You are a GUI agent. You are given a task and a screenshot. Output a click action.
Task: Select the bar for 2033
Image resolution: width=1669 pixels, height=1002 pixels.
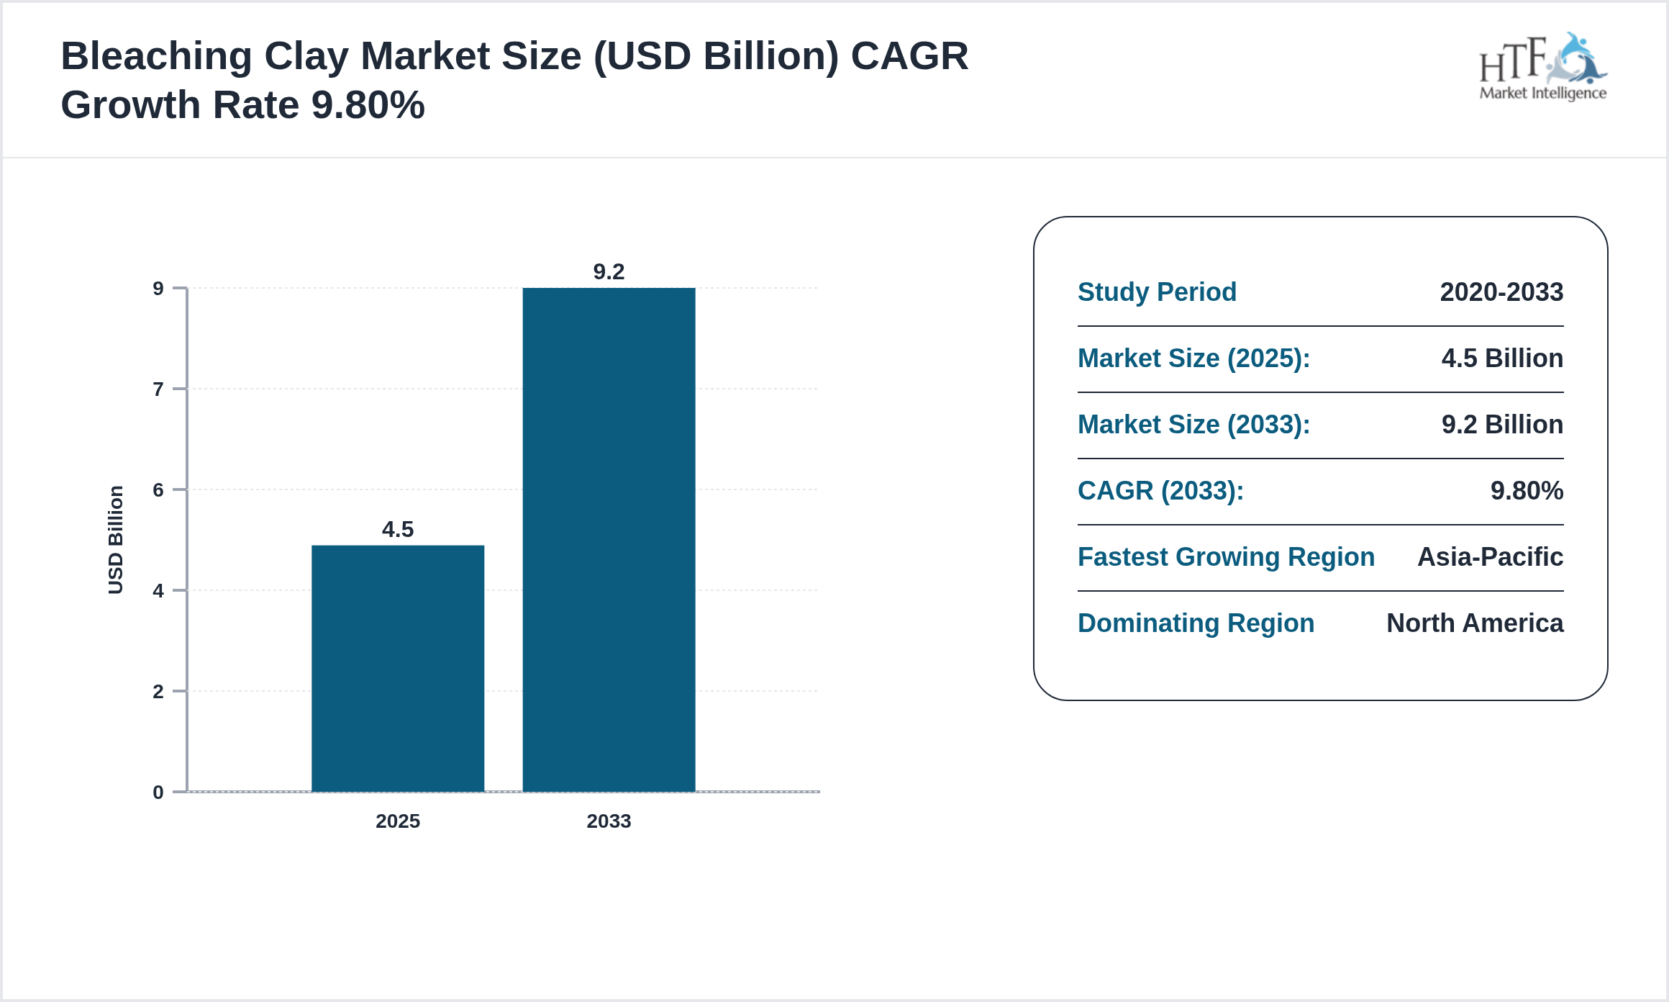609,540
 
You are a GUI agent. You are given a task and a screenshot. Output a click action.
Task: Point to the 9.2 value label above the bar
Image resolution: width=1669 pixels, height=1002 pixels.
609,272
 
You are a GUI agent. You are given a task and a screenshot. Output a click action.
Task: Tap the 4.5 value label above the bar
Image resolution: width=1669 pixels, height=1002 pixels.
397,530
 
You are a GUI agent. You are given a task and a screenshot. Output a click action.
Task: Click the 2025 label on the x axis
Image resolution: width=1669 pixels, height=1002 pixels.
397,821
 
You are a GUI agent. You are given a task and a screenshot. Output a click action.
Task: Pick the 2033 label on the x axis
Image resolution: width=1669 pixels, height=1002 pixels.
609,821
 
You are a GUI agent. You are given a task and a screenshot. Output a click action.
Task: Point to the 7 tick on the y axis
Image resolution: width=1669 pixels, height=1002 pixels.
158,389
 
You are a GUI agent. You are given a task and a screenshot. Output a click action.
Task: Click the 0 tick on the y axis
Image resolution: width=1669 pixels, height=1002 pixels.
158,793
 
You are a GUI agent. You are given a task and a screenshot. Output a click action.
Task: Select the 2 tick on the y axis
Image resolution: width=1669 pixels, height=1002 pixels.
158,692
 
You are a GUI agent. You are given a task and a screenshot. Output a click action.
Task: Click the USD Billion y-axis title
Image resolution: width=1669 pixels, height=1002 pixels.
116,540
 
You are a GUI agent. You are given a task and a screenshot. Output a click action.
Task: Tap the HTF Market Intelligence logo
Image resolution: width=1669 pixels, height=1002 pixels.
1542,68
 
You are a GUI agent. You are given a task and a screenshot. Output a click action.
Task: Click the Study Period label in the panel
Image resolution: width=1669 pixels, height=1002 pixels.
1157,292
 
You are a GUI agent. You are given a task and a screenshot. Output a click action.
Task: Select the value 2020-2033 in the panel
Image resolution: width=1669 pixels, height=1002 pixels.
1501,292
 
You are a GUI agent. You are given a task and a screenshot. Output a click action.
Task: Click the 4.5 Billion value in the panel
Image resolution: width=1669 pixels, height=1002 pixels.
1502,358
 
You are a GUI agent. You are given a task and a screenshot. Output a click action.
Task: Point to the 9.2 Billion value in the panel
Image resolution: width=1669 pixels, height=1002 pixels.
1502,425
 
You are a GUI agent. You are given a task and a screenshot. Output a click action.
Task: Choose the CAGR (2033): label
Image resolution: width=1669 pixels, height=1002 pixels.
1160,491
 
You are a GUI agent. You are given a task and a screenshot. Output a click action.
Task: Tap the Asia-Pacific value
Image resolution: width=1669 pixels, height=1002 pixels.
1490,557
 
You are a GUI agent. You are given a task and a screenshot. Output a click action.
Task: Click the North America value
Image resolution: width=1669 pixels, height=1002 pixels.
1475,623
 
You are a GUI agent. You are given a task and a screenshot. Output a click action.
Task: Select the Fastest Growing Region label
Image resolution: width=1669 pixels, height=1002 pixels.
1226,557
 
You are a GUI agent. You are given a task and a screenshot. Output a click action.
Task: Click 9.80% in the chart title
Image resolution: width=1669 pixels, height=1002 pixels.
368,106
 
